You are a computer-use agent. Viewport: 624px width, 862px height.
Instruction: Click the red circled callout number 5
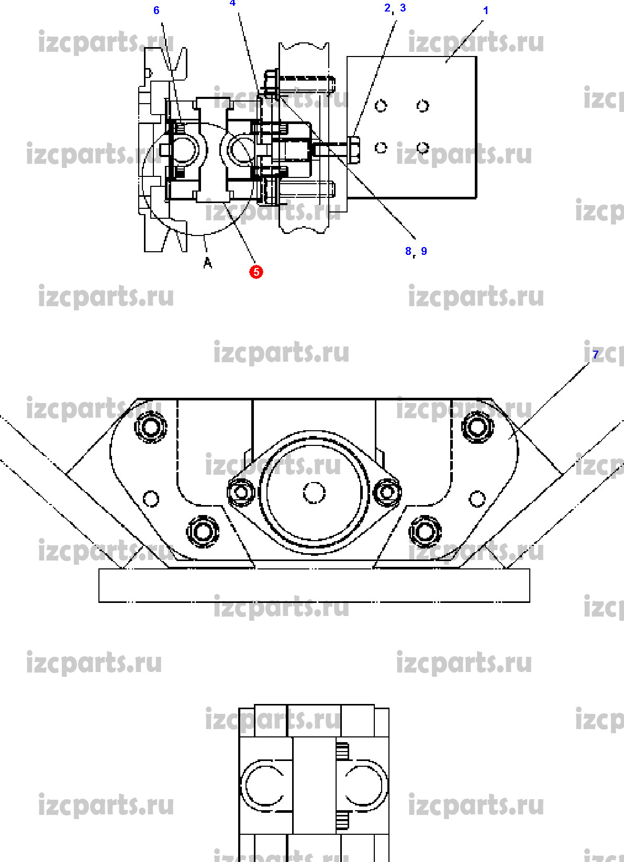tap(256, 272)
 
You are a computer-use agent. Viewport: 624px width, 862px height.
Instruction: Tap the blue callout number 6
tap(156, 10)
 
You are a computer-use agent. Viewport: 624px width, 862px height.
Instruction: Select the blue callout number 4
tap(232, 3)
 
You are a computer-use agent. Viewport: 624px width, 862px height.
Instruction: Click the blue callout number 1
tap(485, 10)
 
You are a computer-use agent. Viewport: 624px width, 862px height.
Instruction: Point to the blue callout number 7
tap(595, 354)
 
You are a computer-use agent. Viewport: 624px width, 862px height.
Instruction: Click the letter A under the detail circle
tap(208, 263)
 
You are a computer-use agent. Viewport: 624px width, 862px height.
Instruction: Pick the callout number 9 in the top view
tap(424, 251)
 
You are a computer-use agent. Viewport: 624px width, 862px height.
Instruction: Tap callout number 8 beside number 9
tap(408, 251)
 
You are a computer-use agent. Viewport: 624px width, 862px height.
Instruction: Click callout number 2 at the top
tap(388, 8)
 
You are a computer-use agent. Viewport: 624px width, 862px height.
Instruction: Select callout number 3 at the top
tap(403, 8)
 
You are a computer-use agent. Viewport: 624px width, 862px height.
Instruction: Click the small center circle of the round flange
tap(314, 492)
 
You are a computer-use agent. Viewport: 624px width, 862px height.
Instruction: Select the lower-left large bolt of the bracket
tap(202, 532)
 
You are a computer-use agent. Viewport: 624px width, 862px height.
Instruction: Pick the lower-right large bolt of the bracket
tap(425, 532)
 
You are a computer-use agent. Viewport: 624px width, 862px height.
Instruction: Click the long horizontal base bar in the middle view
tap(314, 586)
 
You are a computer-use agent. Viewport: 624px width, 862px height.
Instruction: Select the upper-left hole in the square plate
tap(381, 106)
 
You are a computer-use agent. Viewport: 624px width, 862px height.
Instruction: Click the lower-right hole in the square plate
tap(422, 148)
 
